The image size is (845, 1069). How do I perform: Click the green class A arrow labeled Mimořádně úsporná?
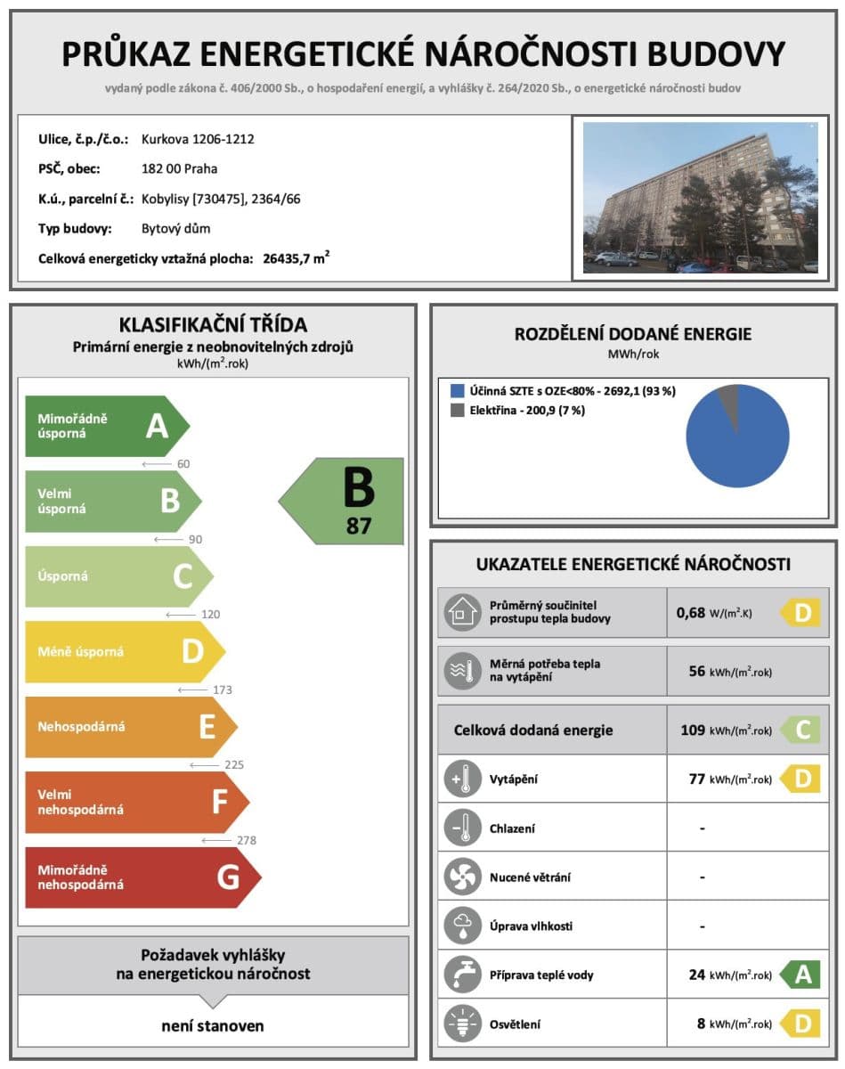coord(107,427)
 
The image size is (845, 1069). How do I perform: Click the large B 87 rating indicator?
coord(347,502)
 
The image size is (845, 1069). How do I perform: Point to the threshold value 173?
coord(217,690)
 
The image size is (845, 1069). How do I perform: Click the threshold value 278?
coord(244,840)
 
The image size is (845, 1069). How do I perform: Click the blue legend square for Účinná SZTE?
coord(457,391)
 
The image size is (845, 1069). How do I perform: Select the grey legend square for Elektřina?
coord(457,411)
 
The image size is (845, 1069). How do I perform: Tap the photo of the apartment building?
coord(700,197)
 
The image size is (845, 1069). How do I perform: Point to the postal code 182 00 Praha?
coord(179,169)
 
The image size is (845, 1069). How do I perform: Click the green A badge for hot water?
coord(800,975)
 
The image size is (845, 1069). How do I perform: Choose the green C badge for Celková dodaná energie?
coord(800,730)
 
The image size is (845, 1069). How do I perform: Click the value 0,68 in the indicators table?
coord(690,612)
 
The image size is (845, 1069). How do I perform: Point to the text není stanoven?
coord(213,1025)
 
